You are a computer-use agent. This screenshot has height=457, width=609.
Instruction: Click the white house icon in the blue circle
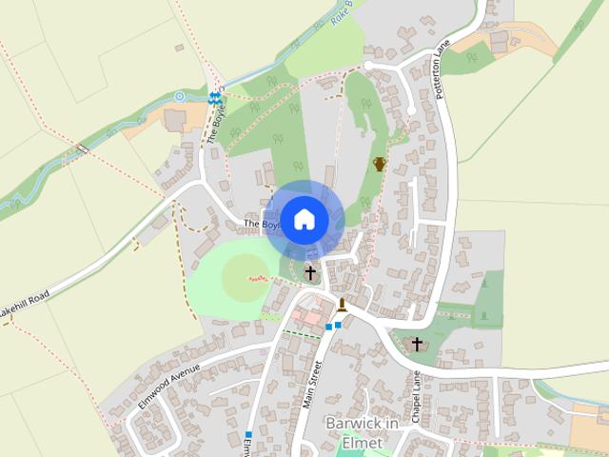[304, 219]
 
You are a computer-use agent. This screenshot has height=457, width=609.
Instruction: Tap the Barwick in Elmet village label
[353, 432]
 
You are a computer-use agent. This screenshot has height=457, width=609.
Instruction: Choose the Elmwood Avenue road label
[170, 384]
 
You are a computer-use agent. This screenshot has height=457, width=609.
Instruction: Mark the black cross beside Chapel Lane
[416, 343]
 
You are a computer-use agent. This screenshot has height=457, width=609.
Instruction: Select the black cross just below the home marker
[309, 273]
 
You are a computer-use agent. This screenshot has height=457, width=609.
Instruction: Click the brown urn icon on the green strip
[380, 164]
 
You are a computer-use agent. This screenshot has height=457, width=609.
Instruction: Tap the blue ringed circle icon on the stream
[179, 96]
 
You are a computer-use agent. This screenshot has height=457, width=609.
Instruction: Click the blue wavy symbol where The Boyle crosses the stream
[215, 97]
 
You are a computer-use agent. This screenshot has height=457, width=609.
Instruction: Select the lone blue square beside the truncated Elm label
[247, 434]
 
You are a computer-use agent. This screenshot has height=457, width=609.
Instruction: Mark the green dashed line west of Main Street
[302, 333]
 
